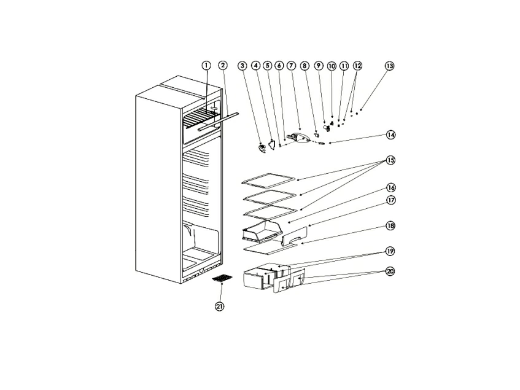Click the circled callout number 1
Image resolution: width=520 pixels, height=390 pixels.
(206, 65)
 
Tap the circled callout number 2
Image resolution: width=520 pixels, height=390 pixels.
(223, 65)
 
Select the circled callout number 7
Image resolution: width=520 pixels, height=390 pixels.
(291, 66)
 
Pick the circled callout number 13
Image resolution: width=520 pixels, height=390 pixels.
(390, 66)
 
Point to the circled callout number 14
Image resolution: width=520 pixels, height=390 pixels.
(390, 135)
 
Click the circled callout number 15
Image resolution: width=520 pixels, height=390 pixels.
(390, 160)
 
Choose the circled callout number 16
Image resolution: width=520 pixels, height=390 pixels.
(391, 188)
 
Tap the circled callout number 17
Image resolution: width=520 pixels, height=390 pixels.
(391, 200)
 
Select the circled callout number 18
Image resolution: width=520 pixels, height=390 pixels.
(390, 226)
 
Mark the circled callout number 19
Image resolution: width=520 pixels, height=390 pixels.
(390, 251)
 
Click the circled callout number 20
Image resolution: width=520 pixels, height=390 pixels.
(390, 271)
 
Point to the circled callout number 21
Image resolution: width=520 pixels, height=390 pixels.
(220, 306)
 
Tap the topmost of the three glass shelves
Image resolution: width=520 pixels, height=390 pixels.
(268, 178)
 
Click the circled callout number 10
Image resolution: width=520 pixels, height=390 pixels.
(332, 66)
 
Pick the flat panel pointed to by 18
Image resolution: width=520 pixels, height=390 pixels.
(270, 248)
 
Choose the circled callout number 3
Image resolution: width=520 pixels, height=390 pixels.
(243, 66)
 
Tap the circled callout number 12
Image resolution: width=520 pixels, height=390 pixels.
(357, 66)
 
